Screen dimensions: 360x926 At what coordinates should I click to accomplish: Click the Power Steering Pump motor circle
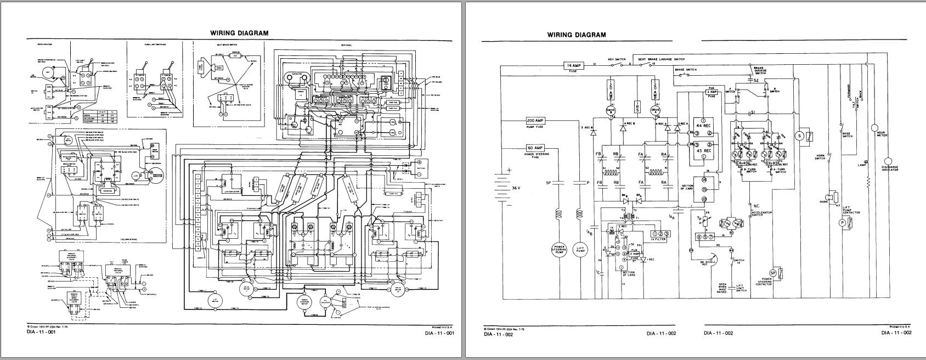pos(559,250)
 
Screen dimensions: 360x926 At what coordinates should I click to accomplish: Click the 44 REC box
pos(704,125)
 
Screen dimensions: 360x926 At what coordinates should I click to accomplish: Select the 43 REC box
pos(704,150)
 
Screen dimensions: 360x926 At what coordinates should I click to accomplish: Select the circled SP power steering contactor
pos(773,273)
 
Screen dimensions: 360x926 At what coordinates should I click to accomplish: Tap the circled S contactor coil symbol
pos(800,135)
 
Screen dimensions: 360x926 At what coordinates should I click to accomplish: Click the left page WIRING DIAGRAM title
pos(240,33)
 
